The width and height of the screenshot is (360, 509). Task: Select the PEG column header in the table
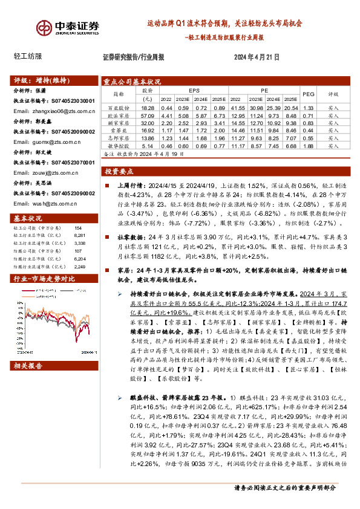(309, 94)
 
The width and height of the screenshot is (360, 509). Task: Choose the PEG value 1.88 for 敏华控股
(309, 146)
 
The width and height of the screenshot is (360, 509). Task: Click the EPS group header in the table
(194, 89)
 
